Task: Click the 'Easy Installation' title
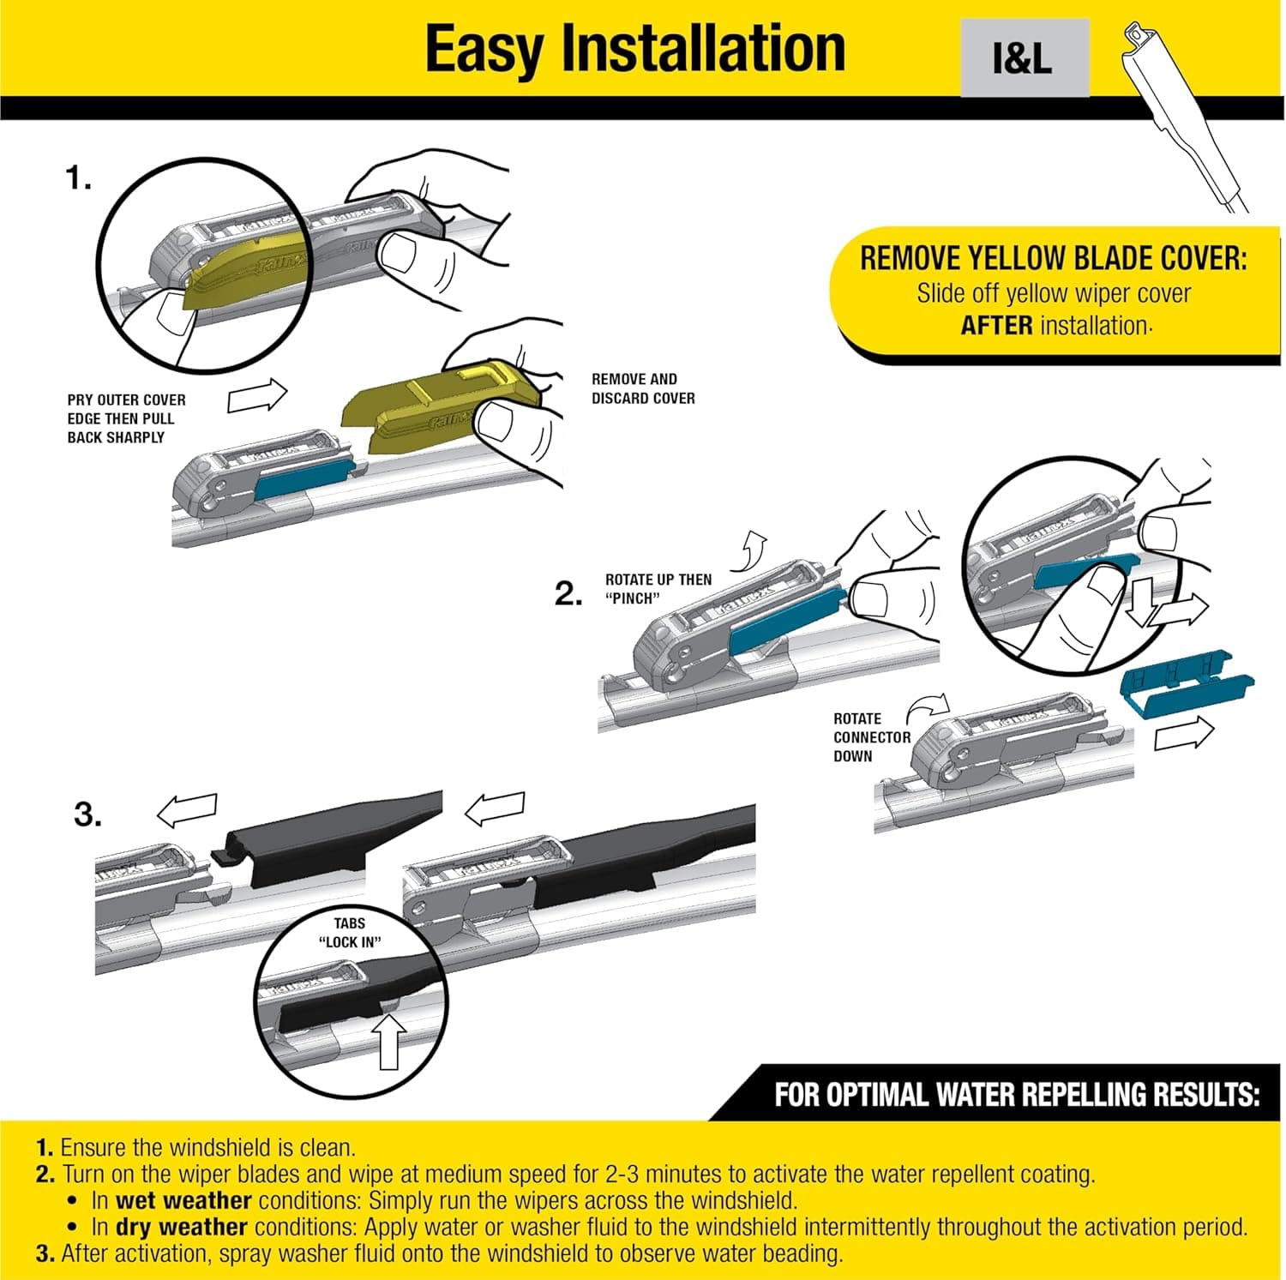[634, 50]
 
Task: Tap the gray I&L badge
[1024, 58]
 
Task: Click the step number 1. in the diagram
[78, 178]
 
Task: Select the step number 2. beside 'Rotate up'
[568, 593]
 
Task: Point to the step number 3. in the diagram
[87, 814]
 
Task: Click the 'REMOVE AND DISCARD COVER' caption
[643, 388]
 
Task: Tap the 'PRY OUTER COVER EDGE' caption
[126, 418]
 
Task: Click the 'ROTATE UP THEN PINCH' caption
[658, 589]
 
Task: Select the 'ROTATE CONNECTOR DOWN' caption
[871, 737]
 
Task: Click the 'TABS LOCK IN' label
[349, 932]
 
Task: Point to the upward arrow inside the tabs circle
[389, 1041]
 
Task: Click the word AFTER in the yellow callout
[996, 326]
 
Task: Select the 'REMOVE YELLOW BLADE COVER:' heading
[1053, 258]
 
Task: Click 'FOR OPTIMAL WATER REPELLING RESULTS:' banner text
[1017, 1095]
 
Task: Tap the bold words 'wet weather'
[183, 1200]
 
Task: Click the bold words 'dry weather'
[181, 1227]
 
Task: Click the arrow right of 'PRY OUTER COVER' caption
[257, 396]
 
